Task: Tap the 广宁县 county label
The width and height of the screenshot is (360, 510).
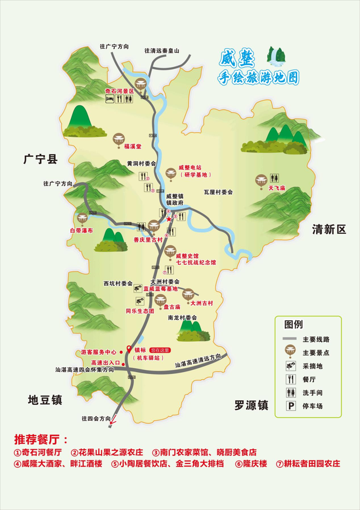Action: [41, 160]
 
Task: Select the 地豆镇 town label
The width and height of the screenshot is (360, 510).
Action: [45, 400]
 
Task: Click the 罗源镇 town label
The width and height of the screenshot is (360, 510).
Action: [251, 405]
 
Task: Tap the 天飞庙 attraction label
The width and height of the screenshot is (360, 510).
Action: [277, 188]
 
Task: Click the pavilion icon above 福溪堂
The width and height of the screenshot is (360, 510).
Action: [119, 138]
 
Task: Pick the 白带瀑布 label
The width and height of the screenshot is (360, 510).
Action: [81, 231]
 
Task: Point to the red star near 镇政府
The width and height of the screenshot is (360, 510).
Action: [169, 219]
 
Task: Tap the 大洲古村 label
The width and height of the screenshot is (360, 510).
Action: [202, 303]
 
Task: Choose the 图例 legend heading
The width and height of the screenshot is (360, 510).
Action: [294, 324]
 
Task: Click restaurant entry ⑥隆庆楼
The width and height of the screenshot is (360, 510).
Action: [254, 464]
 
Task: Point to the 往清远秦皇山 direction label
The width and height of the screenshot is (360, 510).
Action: [162, 51]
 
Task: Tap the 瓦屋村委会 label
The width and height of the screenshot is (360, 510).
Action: [218, 192]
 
